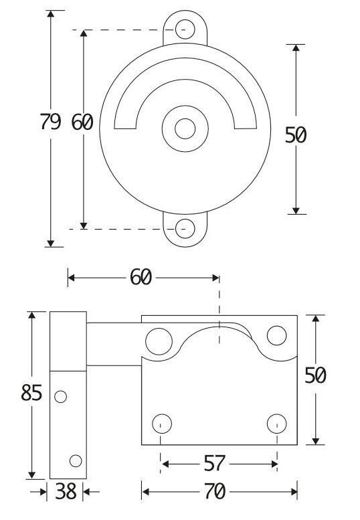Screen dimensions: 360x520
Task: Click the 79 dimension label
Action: point(50,121)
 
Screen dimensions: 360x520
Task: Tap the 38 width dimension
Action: point(66,491)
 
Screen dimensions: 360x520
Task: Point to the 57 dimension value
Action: point(215,463)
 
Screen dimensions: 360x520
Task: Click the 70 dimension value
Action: point(215,491)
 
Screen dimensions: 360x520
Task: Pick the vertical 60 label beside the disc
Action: point(82,122)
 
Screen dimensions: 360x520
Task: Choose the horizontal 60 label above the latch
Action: point(141,277)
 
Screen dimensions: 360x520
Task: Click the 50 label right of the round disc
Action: point(296,135)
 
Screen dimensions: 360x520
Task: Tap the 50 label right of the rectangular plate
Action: point(315,375)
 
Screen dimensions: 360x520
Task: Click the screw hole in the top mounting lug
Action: point(185,29)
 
